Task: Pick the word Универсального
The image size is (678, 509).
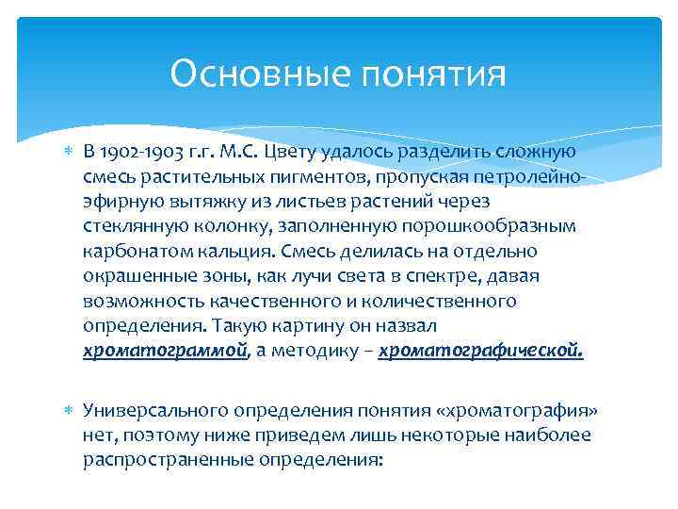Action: click(152, 411)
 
